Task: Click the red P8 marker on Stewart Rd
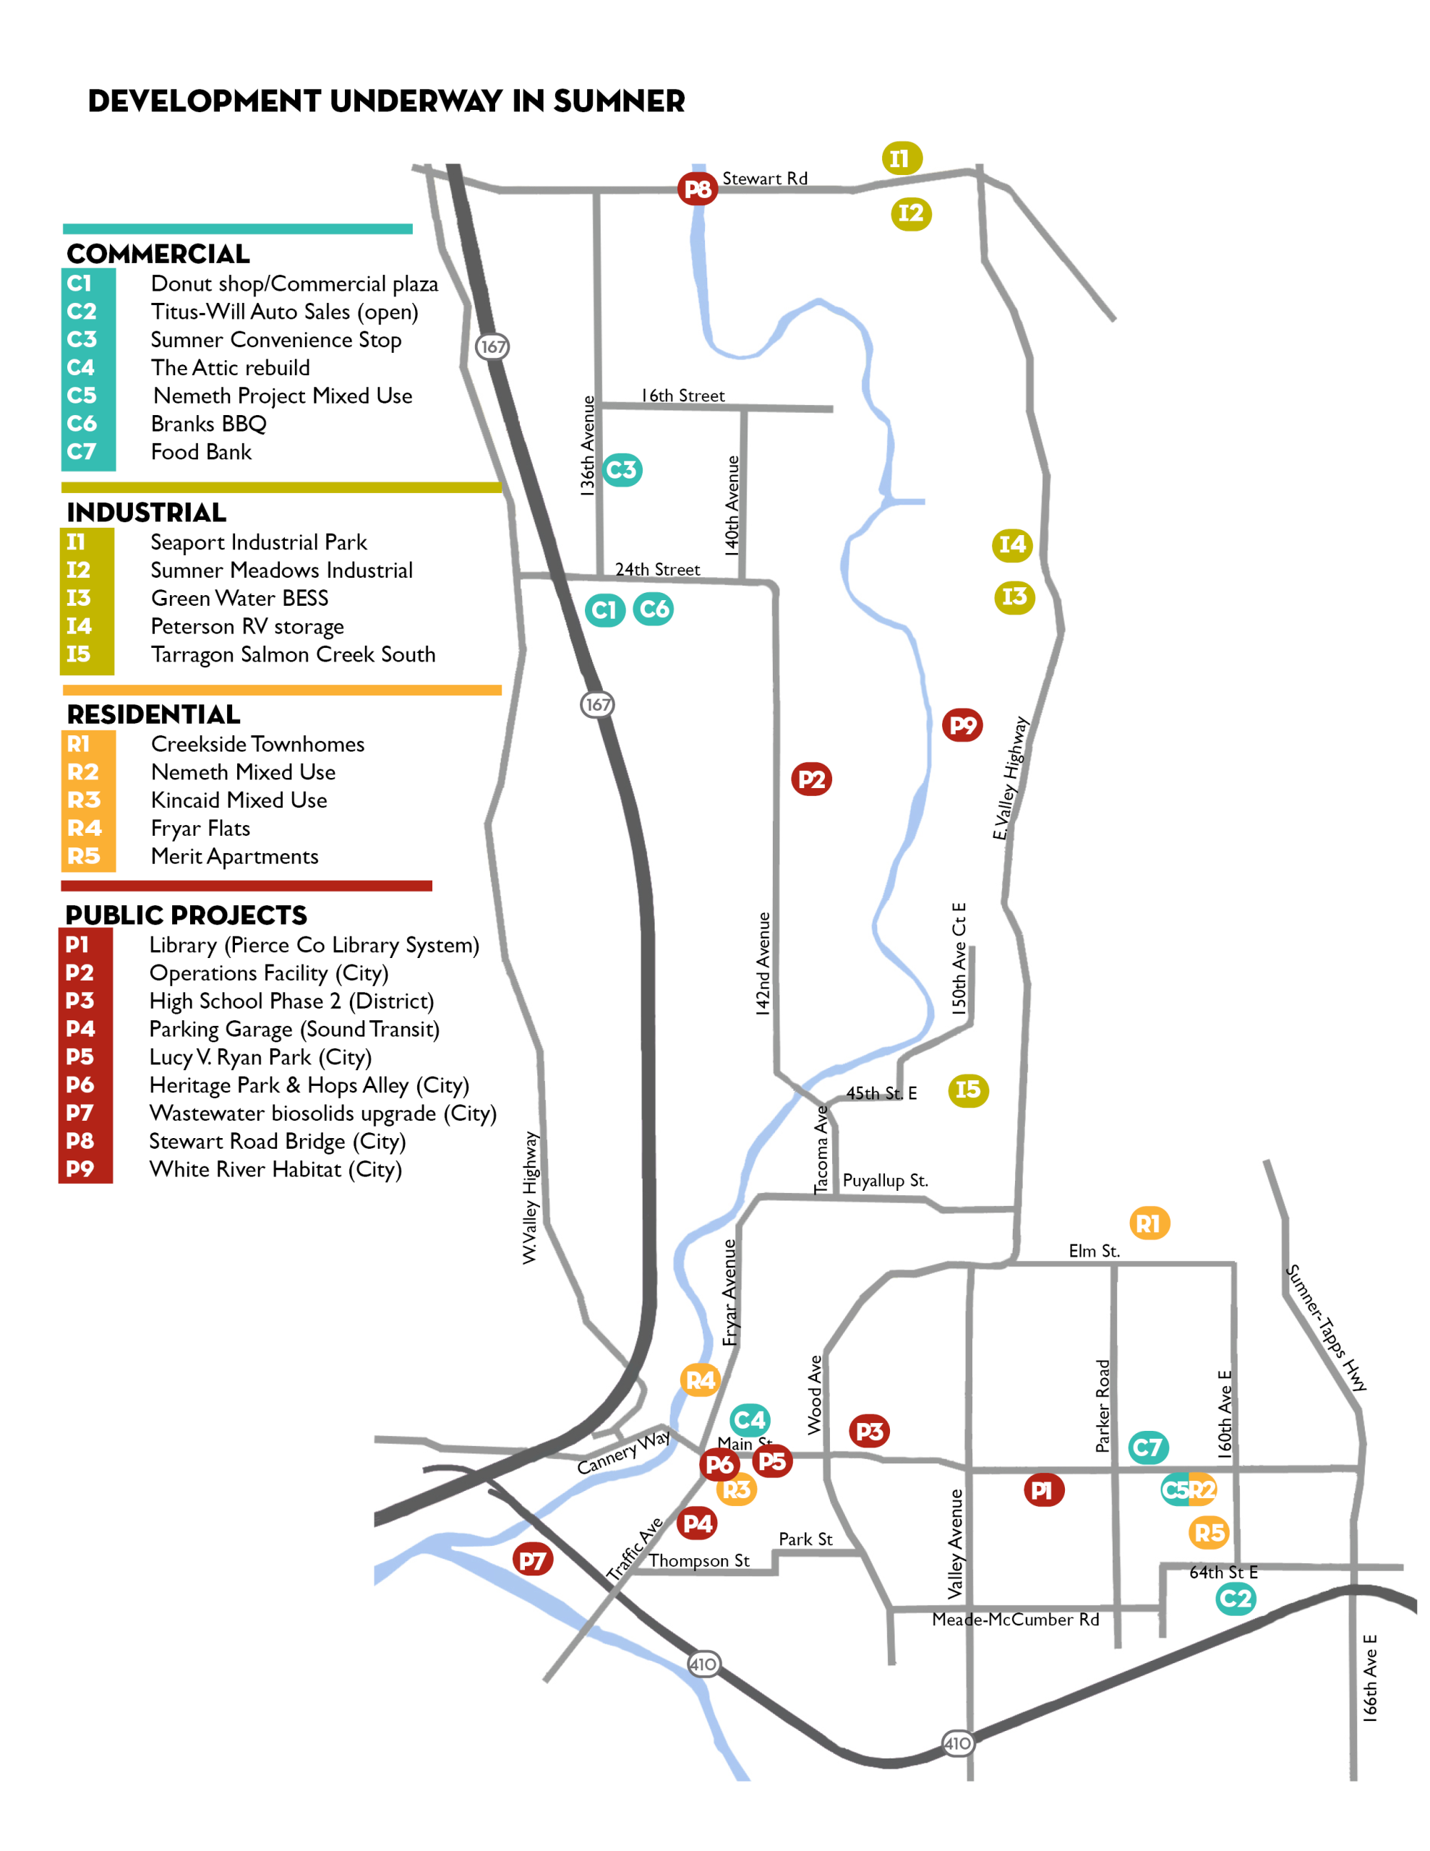(x=697, y=188)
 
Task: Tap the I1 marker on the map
(x=901, y=158)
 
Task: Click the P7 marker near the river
(x=532, y=1560)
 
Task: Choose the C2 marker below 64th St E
(x=1235, y=1599)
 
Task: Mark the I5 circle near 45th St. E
(x=967, y=1090)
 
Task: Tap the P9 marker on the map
(x=962, y=724)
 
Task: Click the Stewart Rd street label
(x=765, y=179)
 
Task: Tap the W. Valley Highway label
(x=530, y=1197)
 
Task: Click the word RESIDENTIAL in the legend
(x=153, y=714)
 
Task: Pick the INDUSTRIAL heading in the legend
(x=147, y=513)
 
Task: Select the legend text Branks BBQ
(x=208, y=424)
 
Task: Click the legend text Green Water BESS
(x=239, y=599)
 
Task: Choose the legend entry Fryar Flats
(x=200, y=828)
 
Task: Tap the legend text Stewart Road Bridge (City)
(x=277, y=1142)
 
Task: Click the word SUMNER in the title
(x=619, y=101)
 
